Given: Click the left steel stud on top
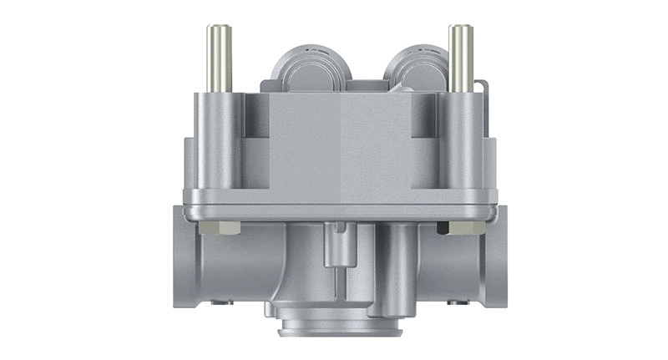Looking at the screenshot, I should pos(219,58).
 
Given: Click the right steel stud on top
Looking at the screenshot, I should pos(461,58).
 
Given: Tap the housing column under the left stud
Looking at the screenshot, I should pos(215,142).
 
